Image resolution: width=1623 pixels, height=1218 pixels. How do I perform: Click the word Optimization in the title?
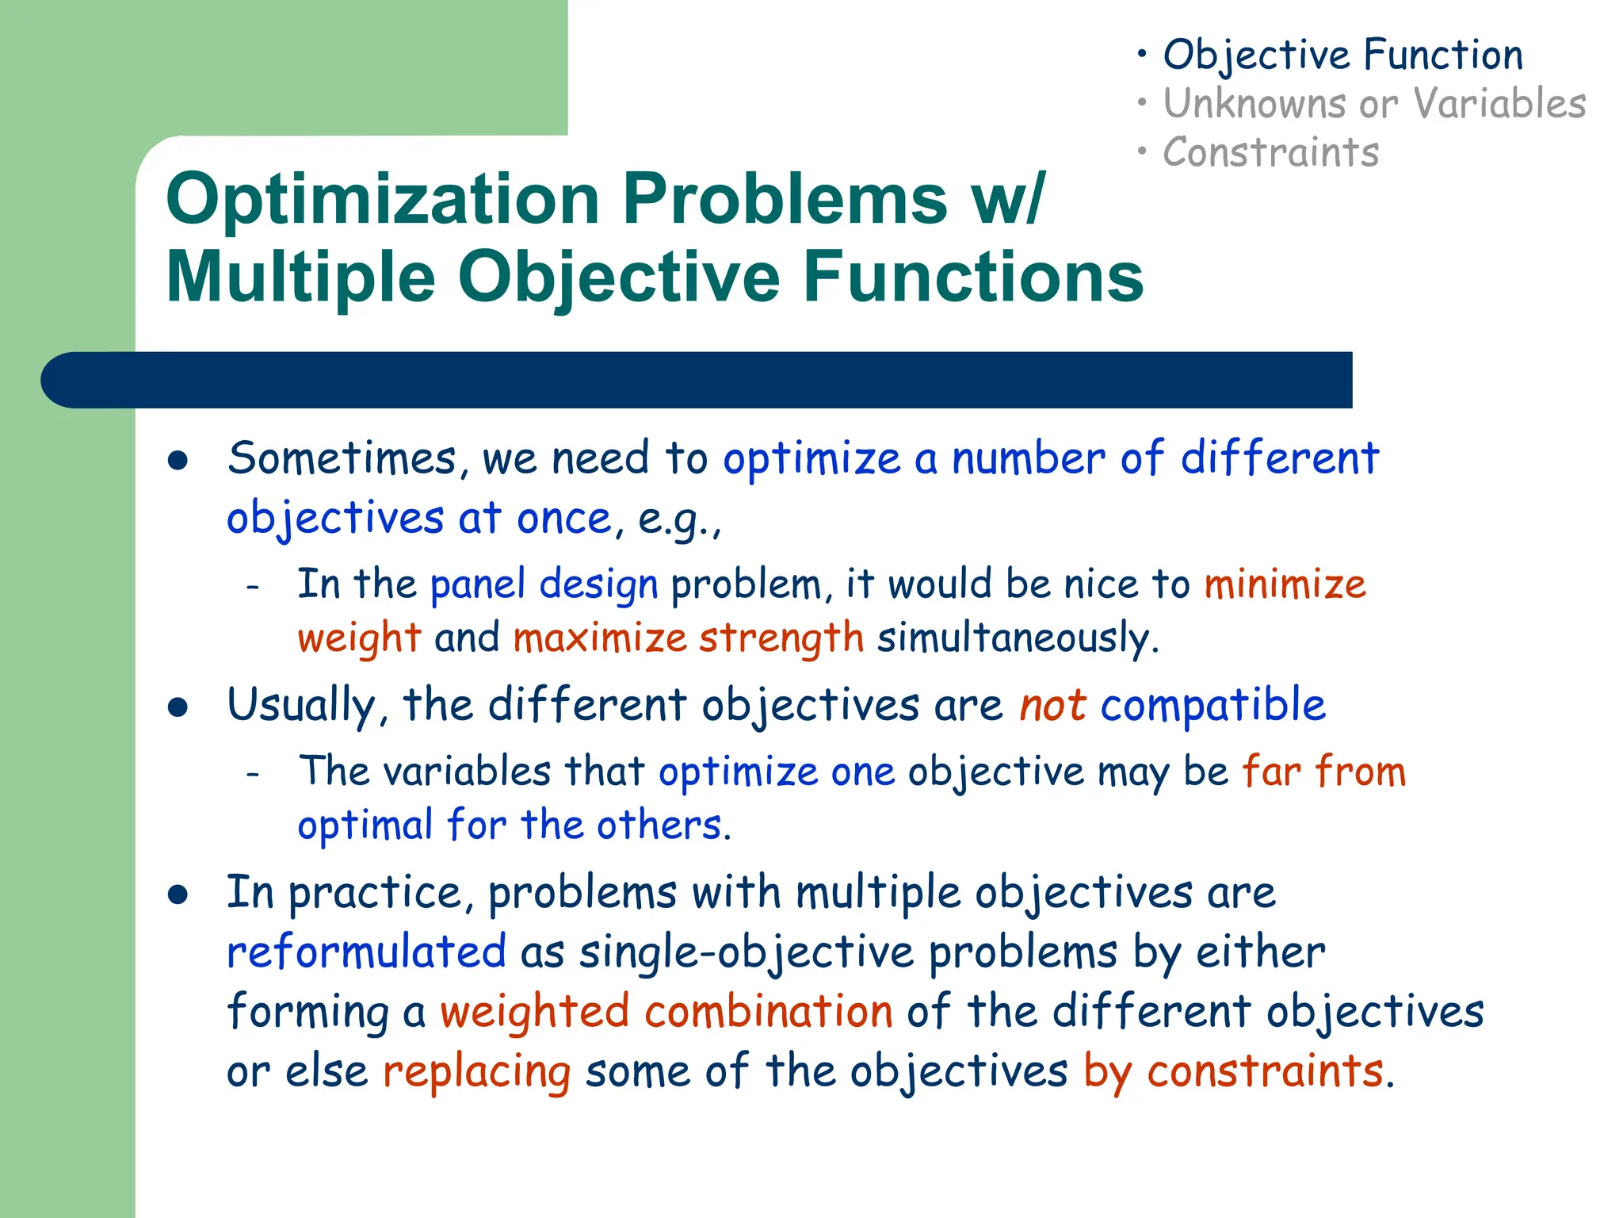pos(382,200)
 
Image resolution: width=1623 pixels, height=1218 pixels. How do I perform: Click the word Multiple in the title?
pos(300,278)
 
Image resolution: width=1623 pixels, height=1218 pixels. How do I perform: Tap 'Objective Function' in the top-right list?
pos(1342,56)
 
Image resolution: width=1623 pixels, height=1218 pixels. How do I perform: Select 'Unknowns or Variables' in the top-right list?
pos(1374,104)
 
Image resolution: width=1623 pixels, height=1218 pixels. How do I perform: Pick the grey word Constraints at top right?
pos(1270,152)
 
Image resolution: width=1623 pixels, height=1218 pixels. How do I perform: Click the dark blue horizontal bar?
pos(697,380)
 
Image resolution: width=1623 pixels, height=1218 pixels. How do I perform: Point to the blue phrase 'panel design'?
pos(544,584)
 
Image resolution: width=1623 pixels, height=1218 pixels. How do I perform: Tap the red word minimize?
pos(1285,584)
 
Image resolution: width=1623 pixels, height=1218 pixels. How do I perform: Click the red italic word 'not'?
pos(1052,705)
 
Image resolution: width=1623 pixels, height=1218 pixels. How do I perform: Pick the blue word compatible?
pos(1212,705)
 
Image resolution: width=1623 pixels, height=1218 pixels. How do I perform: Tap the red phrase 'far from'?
pos(1323,772)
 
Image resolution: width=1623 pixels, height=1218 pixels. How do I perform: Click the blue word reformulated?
pos(366,952)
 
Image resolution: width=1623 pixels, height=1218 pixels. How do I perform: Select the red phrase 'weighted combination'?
pos(666,1012)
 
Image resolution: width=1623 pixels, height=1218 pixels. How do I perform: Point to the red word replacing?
pos(476,1072)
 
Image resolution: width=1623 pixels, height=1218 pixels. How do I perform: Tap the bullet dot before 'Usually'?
pos(178,707)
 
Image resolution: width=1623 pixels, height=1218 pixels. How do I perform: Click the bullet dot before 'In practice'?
pos(178,895)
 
